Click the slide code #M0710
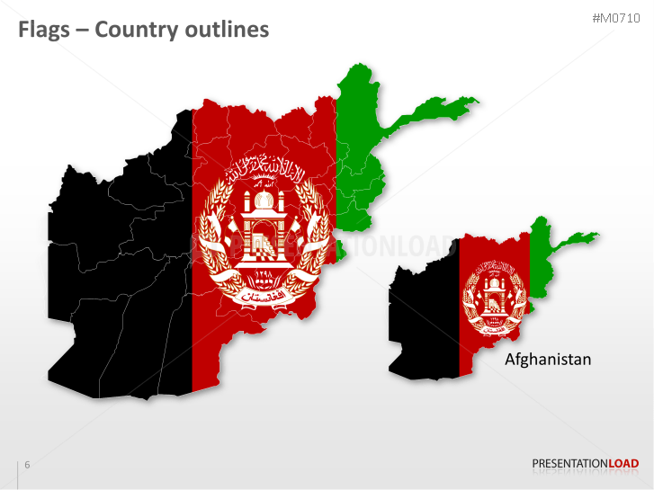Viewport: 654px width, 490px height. pos(615,18)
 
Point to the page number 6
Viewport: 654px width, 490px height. pos(27,465)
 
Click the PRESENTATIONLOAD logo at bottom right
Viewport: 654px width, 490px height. pos(586,464)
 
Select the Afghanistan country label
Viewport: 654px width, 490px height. pos(548,360)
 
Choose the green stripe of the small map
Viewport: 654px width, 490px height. pos(540,261)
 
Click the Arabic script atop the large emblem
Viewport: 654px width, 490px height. pos(263,167)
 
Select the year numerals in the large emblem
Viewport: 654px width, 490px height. pos(264,275)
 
